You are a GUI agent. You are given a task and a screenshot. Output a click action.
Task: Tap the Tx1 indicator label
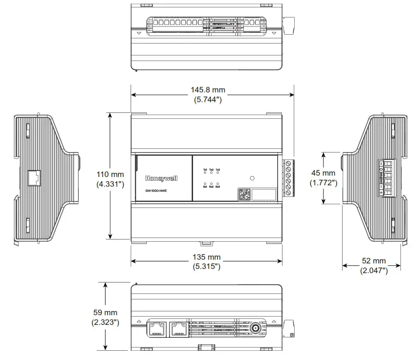tap(205, 171)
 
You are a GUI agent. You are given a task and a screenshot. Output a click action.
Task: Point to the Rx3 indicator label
tap(218, 187)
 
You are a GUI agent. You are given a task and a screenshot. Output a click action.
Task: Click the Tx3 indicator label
tap(218, 171)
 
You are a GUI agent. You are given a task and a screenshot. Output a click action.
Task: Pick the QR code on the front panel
tap(245, 194)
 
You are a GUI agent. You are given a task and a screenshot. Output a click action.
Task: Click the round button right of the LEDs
tap(252, 178)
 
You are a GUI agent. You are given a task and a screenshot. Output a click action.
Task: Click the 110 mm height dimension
tap(110, 175)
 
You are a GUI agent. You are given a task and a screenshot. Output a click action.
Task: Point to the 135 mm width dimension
tap(206, 257)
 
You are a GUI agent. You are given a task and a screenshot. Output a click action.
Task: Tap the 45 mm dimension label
tap(323, 173)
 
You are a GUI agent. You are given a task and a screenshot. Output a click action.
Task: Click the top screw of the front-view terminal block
tap(288, 163)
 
